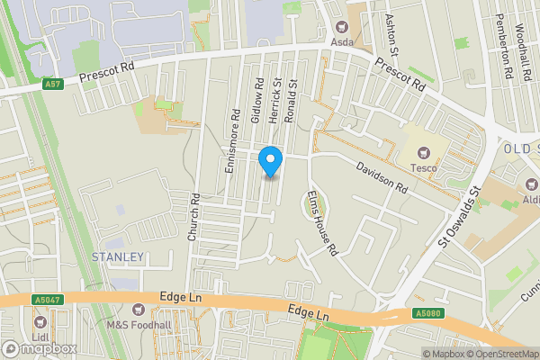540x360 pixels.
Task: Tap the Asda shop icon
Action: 341,27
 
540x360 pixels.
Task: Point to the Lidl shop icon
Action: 39,322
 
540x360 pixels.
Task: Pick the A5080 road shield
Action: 428,313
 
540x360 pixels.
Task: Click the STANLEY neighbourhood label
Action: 118,257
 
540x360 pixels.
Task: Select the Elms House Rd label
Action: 320,221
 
